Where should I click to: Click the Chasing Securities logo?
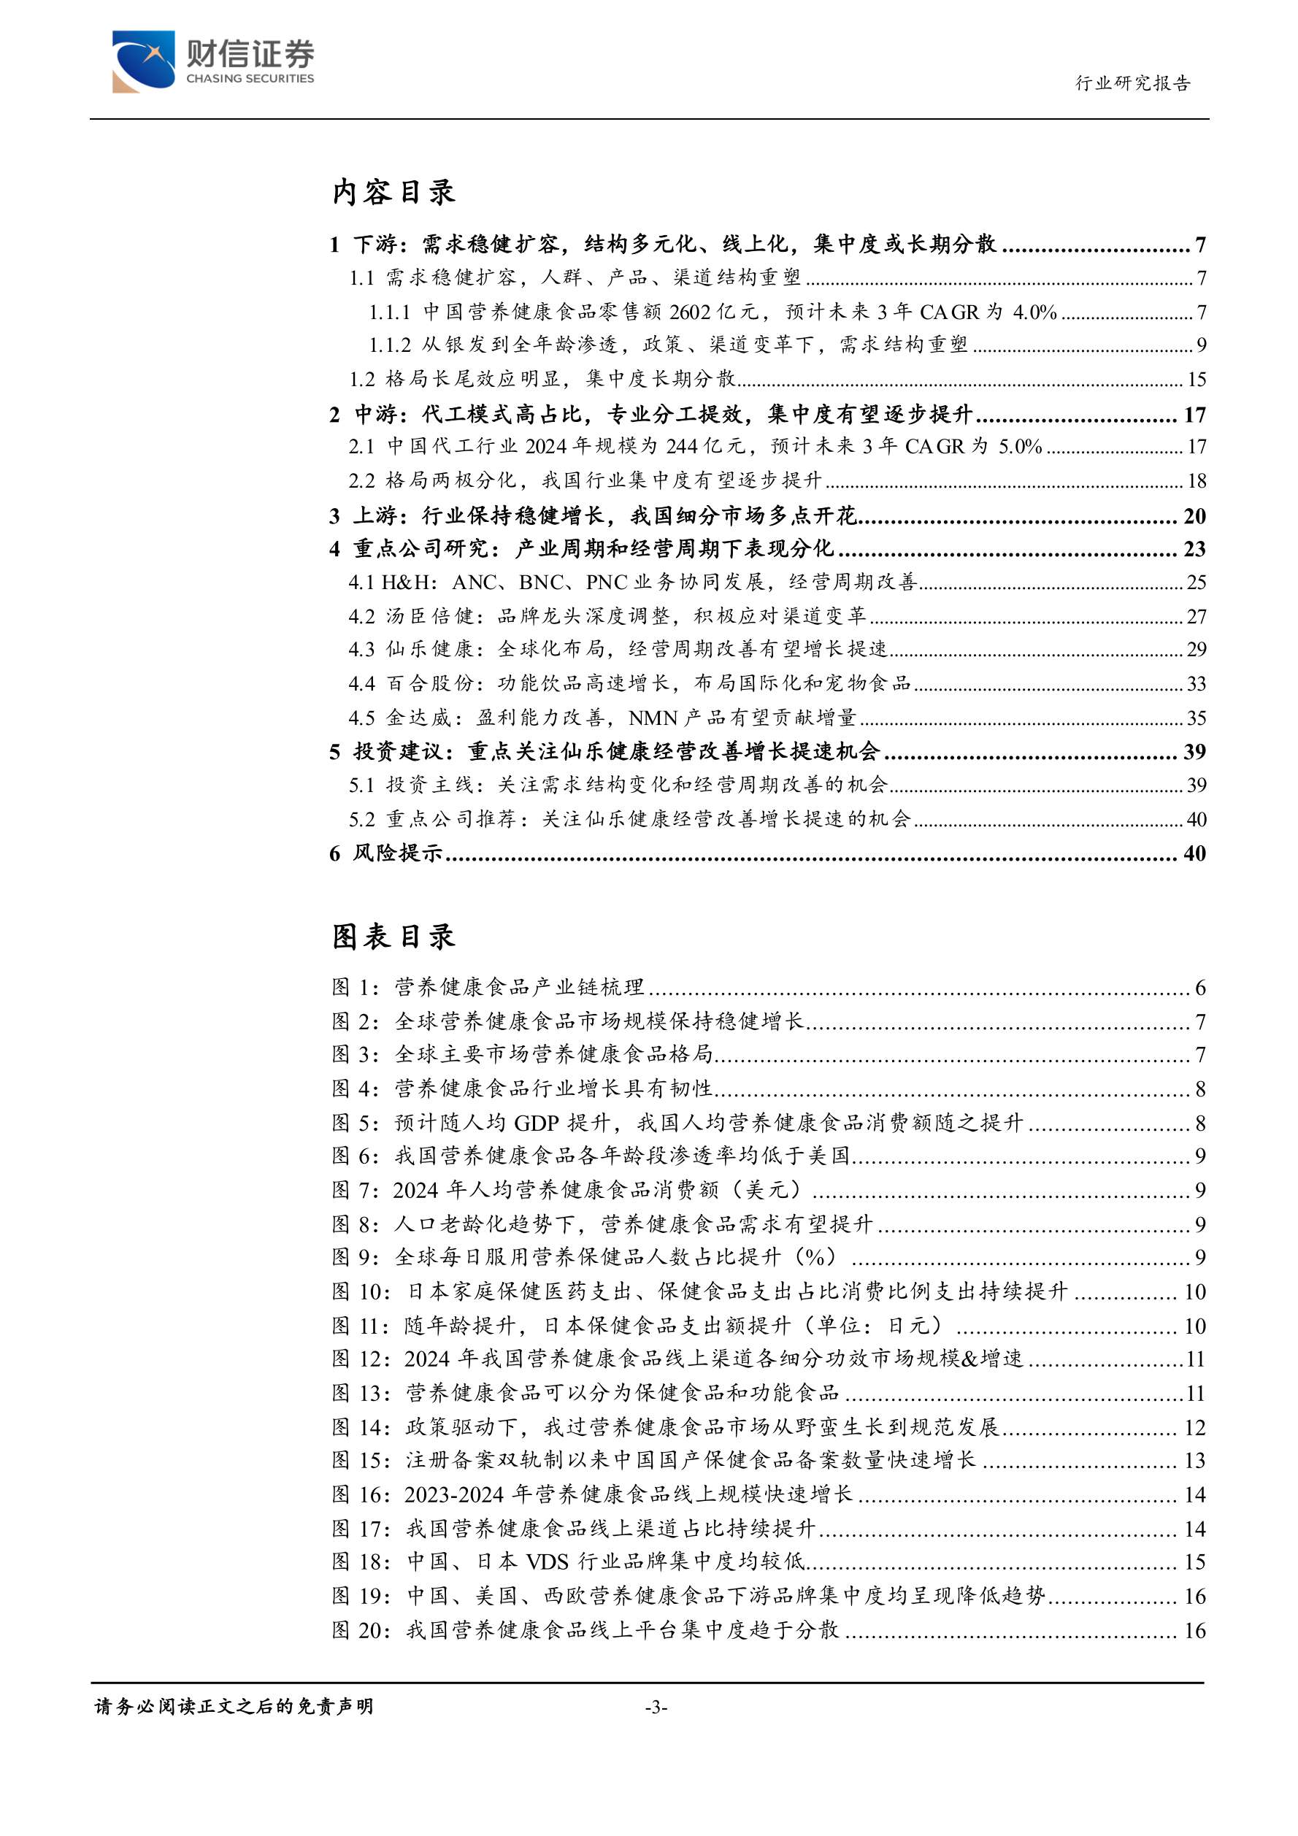coord(212,61)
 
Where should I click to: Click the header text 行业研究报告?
coord(1132,83)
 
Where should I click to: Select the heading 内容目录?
coord(393,192)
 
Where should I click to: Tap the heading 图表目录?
coord(393,937)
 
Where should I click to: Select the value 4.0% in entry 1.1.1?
coord(1035,312)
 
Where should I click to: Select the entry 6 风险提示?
coord(386,853)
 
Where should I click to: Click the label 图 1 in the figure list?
coord(354,988)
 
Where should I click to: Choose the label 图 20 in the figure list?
coord(361,1629)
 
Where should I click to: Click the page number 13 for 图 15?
coord(1194,1460)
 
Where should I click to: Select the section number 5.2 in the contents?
coord(361,820)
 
